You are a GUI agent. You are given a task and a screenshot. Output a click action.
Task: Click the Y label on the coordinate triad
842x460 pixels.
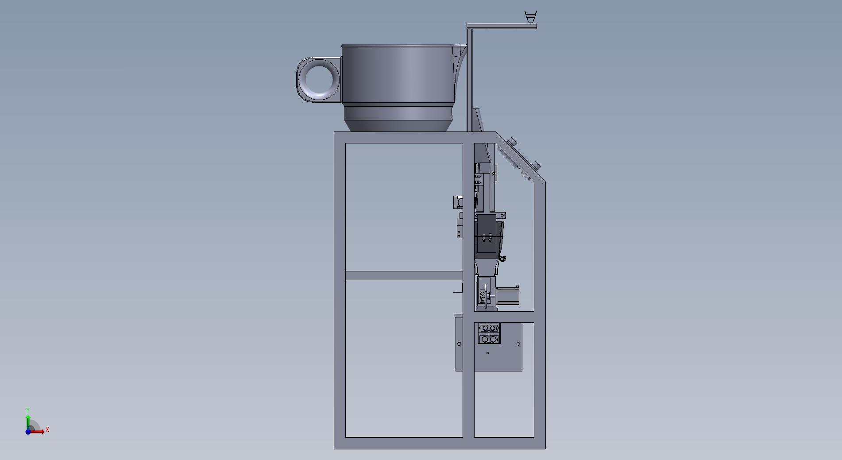pyautogui.click(x=28, y=410)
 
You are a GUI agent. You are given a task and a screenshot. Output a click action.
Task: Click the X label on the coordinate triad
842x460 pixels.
pyautogui.click(x=47, y=429)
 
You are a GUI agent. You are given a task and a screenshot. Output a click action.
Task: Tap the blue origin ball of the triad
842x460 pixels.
pyautogui.click(x=28, y=432)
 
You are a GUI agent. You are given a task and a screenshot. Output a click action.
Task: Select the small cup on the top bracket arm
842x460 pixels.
pyautogui.click(x=530, y=17)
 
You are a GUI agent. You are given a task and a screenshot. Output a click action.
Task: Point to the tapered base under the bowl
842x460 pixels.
pyautogui.click(x=398, y=118)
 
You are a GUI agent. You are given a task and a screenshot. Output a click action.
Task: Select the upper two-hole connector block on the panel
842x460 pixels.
pyautogui.click(x=489, y=328)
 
